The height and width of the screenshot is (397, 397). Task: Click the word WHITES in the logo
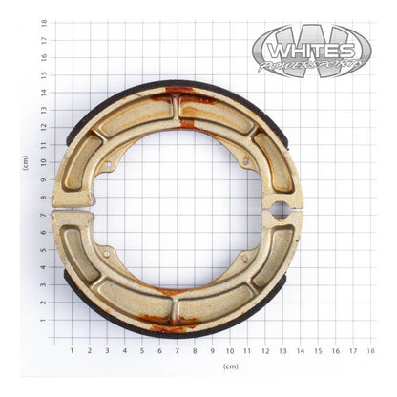coord(311,47)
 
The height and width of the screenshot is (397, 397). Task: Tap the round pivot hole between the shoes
coord(281,207)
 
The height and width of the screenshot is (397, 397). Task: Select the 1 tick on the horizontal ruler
coord(72,350)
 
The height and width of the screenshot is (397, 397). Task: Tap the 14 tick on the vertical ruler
coord(44,93)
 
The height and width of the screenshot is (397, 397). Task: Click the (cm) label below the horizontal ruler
coord(230,366)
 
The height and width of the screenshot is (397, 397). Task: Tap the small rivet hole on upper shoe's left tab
coord(109,164)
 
